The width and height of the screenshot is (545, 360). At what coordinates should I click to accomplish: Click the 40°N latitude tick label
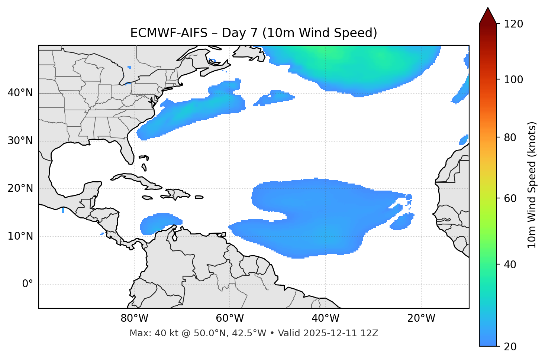coord(20,93)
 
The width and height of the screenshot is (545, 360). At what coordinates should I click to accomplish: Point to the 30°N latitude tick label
coord(20,141)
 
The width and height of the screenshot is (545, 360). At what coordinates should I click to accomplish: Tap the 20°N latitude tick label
coord(20,188)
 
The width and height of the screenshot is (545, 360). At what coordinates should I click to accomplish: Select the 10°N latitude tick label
coord(20,236)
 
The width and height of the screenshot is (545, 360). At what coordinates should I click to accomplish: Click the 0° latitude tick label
coord(27,284)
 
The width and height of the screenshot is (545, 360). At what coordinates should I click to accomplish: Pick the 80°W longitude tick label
coord(134,318)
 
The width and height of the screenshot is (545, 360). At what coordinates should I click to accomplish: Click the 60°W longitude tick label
coord(230,318)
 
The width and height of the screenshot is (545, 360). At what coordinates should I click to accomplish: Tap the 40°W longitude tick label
coord(325,318)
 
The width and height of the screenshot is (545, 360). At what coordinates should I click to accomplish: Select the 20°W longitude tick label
coord(421,318)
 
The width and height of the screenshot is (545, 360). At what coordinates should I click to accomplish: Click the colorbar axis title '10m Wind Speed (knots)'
coord(532,185)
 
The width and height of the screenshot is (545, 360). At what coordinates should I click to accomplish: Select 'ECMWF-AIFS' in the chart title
coord(168,33)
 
